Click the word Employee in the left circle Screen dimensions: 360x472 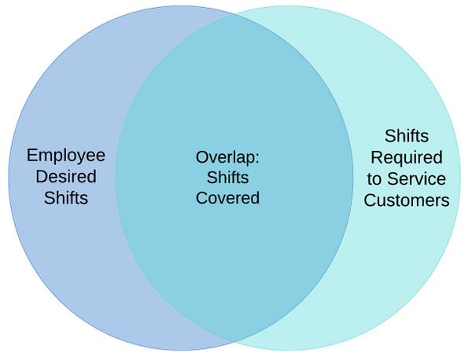[x=66, y=155]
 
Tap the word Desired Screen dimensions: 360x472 [x=66, y=176]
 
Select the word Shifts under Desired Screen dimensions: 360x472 [x=66, y=197]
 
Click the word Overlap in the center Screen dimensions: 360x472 [x=225, y=156]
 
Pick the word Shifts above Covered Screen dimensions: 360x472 [x=227, y=177]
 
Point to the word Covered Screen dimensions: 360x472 [x=227, y=197]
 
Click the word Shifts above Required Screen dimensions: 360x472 [x=406, y=136]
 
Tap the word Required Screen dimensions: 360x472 [x=406, y=157]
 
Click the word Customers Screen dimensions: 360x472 [x=406, y=200]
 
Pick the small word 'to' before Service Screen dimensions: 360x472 [x=374, y=178]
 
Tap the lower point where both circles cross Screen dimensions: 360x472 [x=234, y=341]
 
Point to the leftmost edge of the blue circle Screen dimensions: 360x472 [x=9, y=178]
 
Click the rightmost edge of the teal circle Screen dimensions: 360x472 [x=460, y=178]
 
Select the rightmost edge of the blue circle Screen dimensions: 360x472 [x=353, y=178]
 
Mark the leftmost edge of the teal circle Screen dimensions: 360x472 [x=116, y=178]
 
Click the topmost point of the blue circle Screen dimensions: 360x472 [x=181, y=6]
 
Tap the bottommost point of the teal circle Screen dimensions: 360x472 [x=288, y=351]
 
